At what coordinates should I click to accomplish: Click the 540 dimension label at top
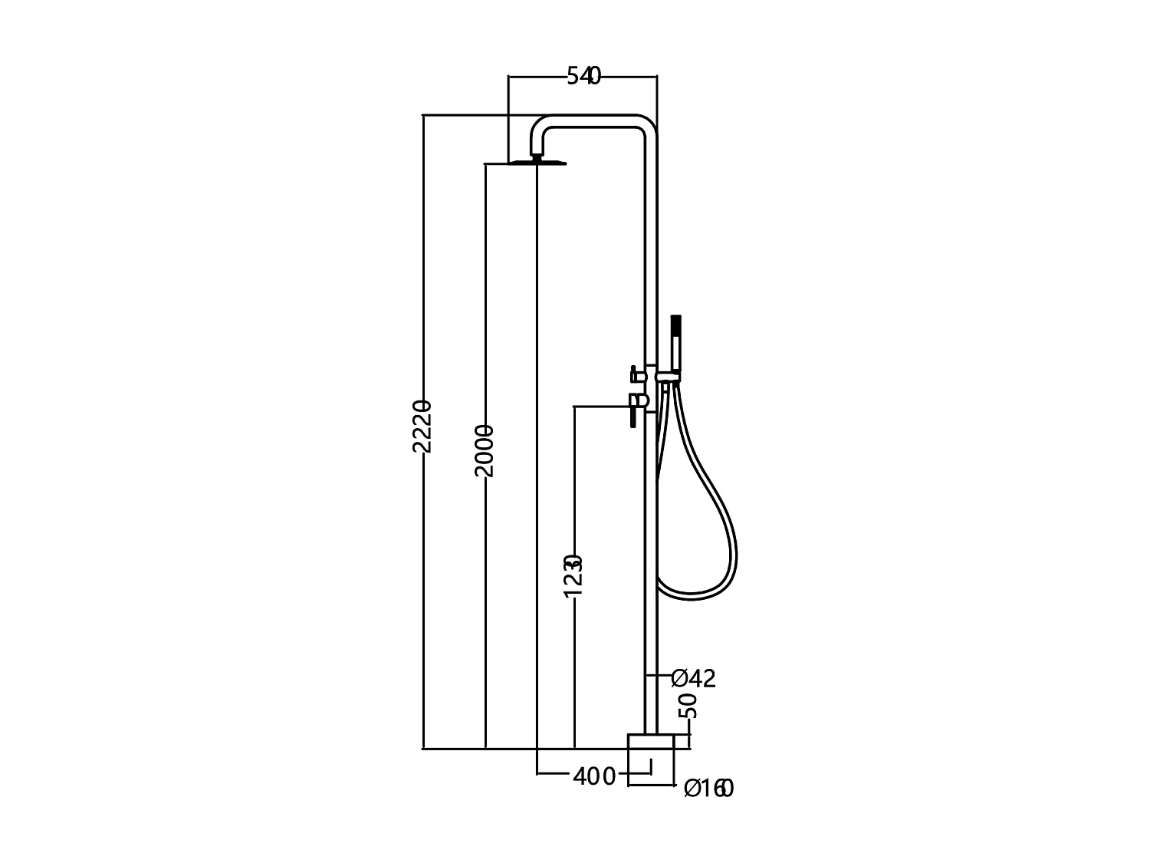583,76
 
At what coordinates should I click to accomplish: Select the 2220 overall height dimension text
422,426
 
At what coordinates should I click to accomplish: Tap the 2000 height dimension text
484,450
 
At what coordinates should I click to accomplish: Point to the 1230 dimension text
573,575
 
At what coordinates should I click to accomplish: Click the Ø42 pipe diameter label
693,678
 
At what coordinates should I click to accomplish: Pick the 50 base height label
689,705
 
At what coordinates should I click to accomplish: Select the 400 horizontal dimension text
594,776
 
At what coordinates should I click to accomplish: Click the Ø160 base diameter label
708,788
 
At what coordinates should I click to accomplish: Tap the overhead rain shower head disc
537,163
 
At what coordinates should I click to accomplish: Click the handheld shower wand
675,345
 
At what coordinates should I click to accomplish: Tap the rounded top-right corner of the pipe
649,124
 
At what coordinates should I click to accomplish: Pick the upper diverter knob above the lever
635,375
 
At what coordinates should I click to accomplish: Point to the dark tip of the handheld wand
675,321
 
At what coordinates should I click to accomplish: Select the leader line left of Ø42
660,675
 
